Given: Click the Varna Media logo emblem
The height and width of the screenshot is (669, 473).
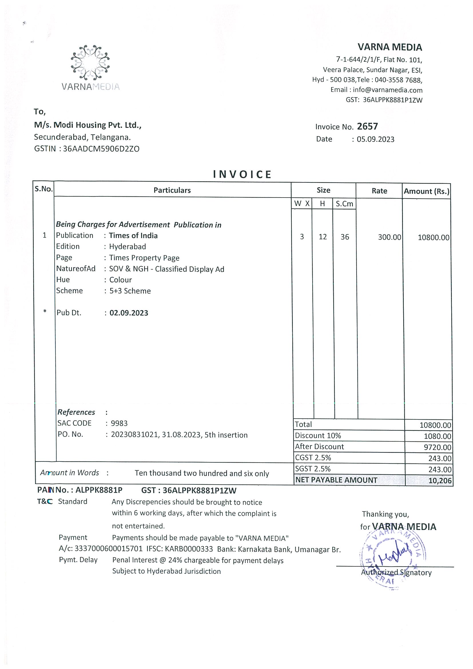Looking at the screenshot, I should pos(90,62).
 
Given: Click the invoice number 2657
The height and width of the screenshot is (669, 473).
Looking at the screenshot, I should pos(367,126).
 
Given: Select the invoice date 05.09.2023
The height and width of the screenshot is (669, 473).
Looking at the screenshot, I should pos(375,139).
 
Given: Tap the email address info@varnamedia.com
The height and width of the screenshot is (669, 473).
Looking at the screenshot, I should pos(387,90).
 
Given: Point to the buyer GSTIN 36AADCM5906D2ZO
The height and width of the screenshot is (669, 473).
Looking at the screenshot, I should pos(101,149).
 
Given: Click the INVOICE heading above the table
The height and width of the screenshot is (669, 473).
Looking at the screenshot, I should pos(242,174).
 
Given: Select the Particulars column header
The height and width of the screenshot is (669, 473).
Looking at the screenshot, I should pos(172,190).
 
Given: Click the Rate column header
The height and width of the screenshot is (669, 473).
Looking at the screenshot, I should pos(379,191).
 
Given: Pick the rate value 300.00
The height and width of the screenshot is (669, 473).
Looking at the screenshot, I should pos(389,237).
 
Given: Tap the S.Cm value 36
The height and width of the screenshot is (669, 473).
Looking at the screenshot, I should pos(345,237).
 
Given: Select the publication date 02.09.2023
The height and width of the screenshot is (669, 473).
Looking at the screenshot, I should pos(129,313).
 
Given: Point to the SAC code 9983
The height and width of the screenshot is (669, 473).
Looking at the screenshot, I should pos(119,423).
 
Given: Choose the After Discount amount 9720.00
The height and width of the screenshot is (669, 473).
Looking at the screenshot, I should pos(438,447).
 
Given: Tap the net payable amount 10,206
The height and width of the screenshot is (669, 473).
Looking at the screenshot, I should pos(440,481).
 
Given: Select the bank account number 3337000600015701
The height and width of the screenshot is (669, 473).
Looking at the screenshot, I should pos(108,549).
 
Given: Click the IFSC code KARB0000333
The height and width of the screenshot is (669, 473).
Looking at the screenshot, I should pos(189,549).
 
